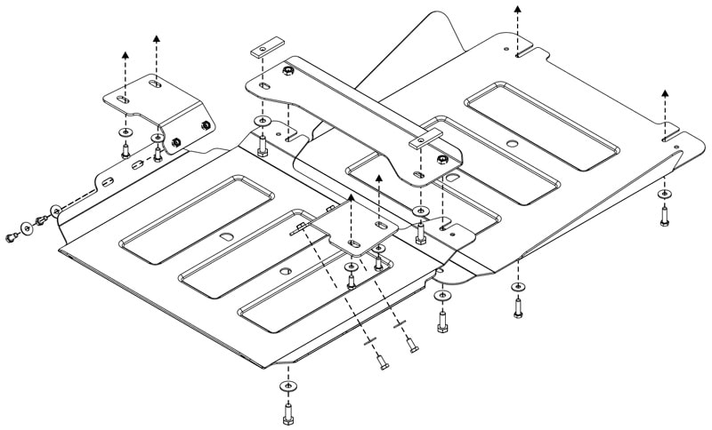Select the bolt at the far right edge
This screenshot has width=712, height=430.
tap(665, 214)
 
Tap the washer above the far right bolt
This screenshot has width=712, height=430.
tap(665, 194)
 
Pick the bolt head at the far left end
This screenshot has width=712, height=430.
tap(12, 236)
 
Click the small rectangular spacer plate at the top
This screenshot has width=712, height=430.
tap(265, 47)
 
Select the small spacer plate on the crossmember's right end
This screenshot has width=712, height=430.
tap(425, 139)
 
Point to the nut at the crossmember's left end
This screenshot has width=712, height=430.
tap(288, 70)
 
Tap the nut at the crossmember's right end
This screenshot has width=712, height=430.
tap(442, 160)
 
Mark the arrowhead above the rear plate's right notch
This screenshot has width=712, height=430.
tap(665, 92)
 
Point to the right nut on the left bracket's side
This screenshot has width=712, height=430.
tap(206, 124)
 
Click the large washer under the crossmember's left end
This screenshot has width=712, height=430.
tap(260, 121)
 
